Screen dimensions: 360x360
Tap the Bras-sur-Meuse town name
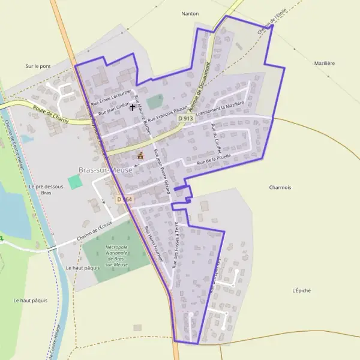pos(105,170)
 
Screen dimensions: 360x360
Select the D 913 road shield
pos(186,119)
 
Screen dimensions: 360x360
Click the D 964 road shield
pos(124,199)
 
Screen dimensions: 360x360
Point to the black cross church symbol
pos(133,107)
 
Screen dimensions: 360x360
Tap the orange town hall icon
pos(141,156)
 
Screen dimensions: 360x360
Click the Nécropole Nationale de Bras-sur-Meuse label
pos(118,256)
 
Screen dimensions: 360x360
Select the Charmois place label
pos(280,187)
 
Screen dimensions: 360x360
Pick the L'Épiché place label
pos(301,290)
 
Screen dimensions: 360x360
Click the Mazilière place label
pos(324,63)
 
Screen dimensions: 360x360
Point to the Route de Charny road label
pos(51,115)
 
